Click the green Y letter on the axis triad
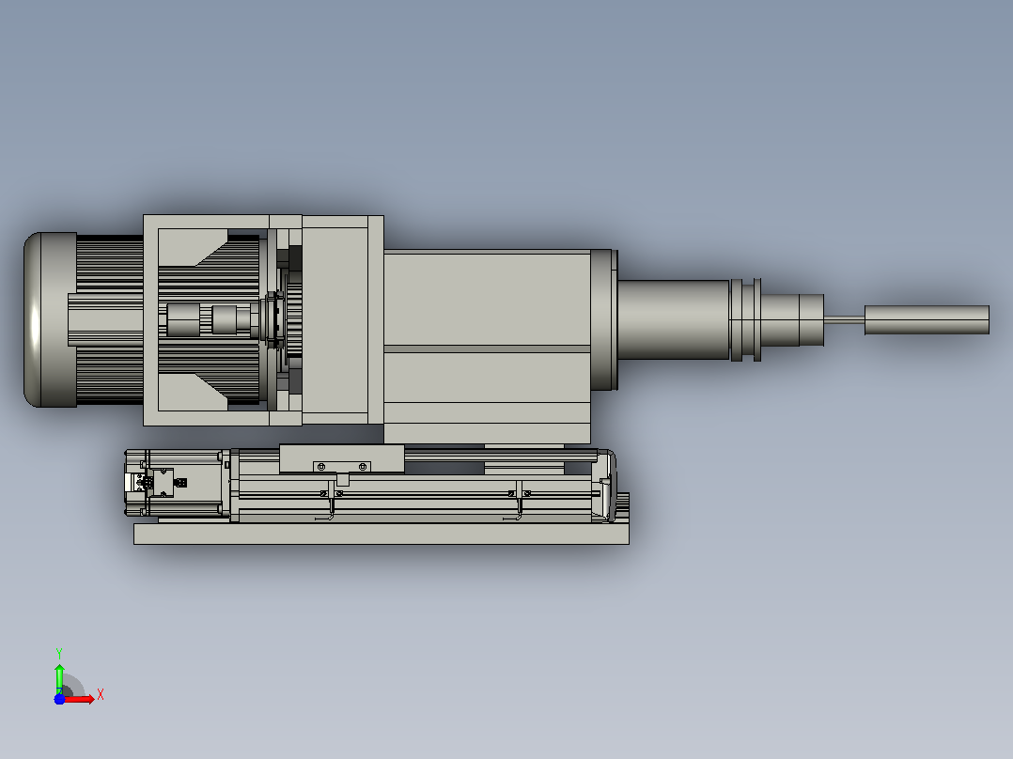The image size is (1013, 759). coord(59,653)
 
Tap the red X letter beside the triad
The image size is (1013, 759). coord(101,695)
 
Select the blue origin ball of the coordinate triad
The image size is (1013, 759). coord(59,699)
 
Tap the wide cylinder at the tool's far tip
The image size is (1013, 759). coord(927,319)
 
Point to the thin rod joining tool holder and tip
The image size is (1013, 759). coord(845,319)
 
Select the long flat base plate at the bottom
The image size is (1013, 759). coord(382,534)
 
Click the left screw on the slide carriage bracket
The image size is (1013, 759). coord(321,466)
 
